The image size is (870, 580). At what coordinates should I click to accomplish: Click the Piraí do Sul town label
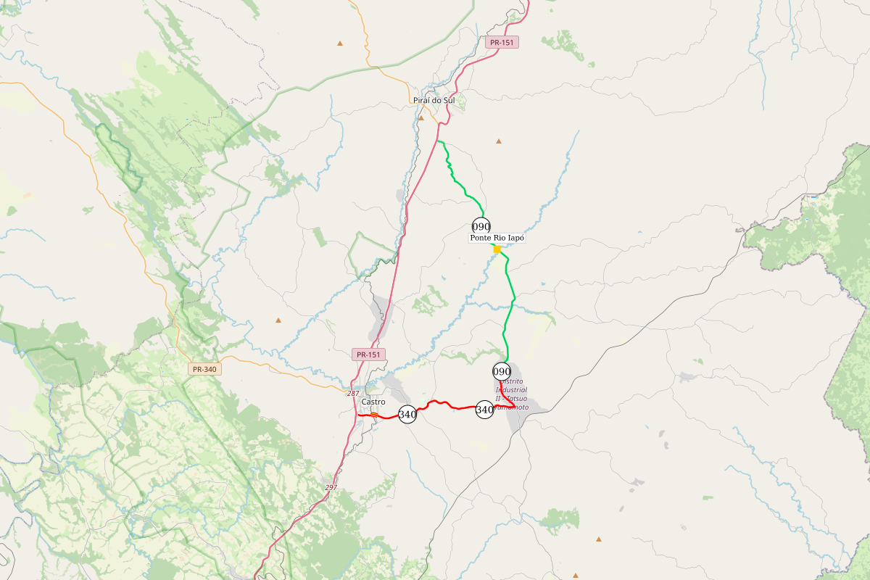pos(433,100)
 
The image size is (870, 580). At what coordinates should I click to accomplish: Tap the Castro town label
pos(373,402)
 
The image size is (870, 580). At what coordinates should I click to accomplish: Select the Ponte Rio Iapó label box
pos(497,238)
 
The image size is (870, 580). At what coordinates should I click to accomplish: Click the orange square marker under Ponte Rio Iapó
pos(497,249)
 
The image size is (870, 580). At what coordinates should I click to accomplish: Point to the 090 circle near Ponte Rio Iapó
pos(481,226)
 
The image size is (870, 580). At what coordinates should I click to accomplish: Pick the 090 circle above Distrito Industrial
pos(502,372)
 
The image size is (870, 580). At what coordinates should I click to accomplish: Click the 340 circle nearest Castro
pos(407,415)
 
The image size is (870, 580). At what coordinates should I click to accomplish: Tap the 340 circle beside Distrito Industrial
pos(485,410)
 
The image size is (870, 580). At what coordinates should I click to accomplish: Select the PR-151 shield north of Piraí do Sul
pos(502,43)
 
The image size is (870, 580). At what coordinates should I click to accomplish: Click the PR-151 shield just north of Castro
pos(368,355)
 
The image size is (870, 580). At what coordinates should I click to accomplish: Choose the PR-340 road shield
pos(204,369)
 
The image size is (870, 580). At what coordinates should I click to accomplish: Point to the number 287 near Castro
pos(353,393)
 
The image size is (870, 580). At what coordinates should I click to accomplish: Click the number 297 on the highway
pos(331,487)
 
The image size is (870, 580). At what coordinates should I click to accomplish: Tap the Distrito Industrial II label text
pos(511,394)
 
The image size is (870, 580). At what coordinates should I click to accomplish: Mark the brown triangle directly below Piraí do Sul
pos(420,117)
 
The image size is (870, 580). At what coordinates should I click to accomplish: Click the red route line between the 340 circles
pos(442,403)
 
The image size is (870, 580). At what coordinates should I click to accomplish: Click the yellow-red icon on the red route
pos(374,415)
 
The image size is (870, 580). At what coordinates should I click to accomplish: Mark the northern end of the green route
pos(439,141)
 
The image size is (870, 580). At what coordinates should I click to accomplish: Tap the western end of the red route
pos(359,415)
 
